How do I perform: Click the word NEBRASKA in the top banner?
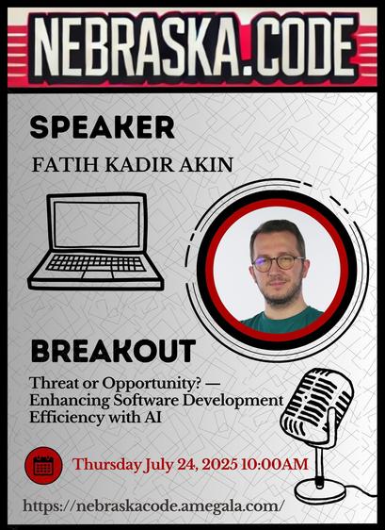pyautogui.click(x=136, y=46)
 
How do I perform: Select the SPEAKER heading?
pyautogui.click(x=103, y=127)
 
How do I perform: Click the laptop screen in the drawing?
pyautogui.click(x=97, y=224)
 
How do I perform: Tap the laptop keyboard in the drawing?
pyautogui.click(x=96, y=263)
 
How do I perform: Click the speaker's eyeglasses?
pyautogui.click(x=278, y=262)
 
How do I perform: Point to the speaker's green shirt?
pyautogui.click(x=281, y=321)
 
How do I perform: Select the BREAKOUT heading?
pyautogui.click(x=113, y=351)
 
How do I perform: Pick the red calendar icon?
pyautogui.click(x=43, y=466)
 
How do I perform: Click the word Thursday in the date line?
pyautogui.click(x=106, y=464)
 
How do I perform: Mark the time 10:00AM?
pyautogui.click(x=275, y=464)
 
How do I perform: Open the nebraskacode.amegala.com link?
pyautogui.click(x=152, y=506)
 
